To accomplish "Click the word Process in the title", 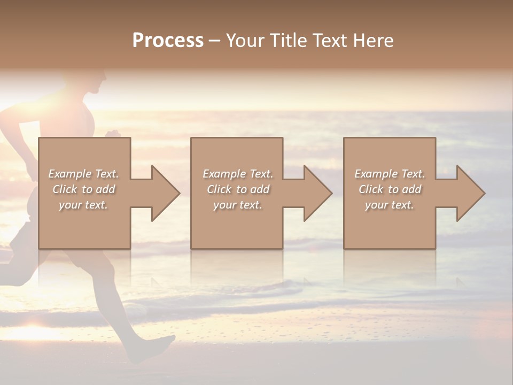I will click(x=168, y=41).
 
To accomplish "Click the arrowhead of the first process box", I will click(x=164, y=193).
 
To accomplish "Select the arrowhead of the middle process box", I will click(x=316, y=193).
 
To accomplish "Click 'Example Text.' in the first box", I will click(x=83, y=174).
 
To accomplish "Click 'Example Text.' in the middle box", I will click(x=238, y=174).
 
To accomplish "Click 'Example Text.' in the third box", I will click(x=390, y=174).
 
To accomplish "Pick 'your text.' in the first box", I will click(x=83, y=205).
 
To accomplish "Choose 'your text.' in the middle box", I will click(x=238, y=205).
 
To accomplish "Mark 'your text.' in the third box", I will click(x=390, y=205).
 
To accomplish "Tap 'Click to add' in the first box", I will click(x=83, y=189).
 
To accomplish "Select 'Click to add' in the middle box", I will click(x=238, y=189).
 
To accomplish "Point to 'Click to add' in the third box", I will click(x=390, y=189).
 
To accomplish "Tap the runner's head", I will click(x=96, y=80).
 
